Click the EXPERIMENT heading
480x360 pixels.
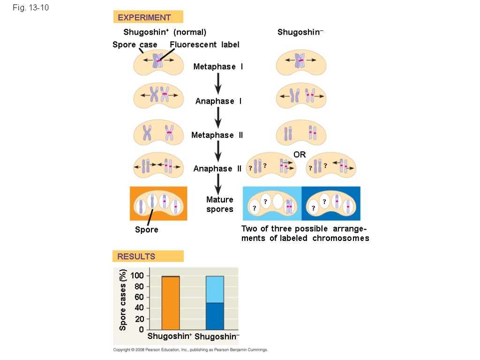pyautogui.click(x=144, y=18)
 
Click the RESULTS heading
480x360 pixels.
pyautogui.click(x=136, y=256)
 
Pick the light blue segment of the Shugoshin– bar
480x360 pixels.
pyautogui.click(x=215, y=289)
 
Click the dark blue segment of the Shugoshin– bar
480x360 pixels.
pyautogui.click(x=215, y=316)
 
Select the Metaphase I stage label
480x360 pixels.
pyautogui.click(x=218, y=67)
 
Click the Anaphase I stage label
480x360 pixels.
pyautogui.click(x=218, y=101)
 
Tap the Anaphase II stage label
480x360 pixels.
pyautogui.click(x=217, y=169)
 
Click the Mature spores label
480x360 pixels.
pyautogui.click(x=219, y=204)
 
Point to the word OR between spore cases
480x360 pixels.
pyautogui.click(x=300, y=155)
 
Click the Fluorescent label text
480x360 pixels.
pyautogui.click(x=204, y=45)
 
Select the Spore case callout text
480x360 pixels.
pyautogui.click(x=135, y=45)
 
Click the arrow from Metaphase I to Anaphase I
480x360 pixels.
pyautogui.click(x=218, y=84)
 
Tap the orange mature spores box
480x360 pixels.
pyautogui.click(x=158, y=203)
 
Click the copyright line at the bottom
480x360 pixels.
pyautogui.click(x=190, y=350)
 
